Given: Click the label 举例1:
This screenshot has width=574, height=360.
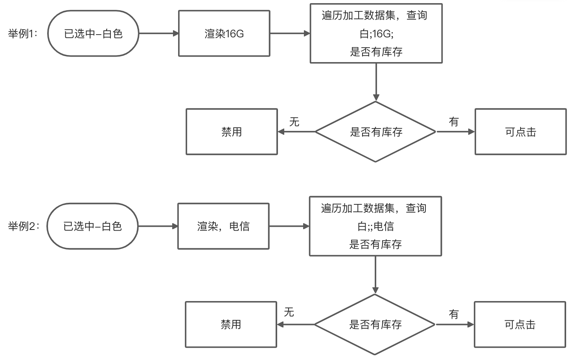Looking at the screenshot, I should [x=23, y=34].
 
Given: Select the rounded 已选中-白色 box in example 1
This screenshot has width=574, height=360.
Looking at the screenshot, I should [x=93, y=34].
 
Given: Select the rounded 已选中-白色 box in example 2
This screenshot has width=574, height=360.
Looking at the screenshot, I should [x=92, y=226].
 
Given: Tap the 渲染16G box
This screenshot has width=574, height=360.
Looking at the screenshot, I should [x=224, y=34].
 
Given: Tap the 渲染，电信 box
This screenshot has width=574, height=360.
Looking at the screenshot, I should [x=223, y=226].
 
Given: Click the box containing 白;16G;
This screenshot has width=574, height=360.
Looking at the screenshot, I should [x=376, y=33].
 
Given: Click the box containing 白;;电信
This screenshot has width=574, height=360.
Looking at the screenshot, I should [x=375, y=226].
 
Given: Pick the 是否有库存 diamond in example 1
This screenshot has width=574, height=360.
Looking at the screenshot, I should [x=376, y=132].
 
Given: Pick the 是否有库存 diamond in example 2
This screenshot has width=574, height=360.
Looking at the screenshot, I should [x=375, y=325].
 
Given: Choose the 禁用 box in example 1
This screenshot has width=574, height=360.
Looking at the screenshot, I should [x=232, y=132].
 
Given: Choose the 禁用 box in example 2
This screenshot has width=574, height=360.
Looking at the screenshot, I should [x=231, y=325].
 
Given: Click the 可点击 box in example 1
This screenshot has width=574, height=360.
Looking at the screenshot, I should [x=521, y=132].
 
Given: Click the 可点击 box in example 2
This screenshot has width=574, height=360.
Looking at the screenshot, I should [x=520, y=325].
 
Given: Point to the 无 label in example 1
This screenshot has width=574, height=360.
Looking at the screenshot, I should [x=294, y=122].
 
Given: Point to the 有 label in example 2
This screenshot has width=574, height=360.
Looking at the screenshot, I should [x=454, y=314].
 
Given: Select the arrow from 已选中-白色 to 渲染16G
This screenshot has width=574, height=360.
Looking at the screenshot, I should [x=158, y=34].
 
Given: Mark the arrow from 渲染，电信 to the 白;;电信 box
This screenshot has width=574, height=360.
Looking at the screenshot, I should [x=289, y=226].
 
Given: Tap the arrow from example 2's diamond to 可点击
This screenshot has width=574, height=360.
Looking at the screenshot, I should [x=454, y=325].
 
